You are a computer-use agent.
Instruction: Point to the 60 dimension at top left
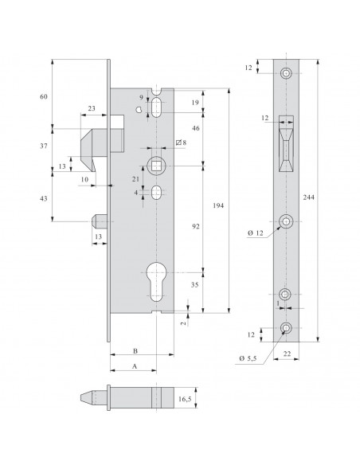coord(43,96)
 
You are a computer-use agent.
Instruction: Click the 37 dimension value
coord(43,146)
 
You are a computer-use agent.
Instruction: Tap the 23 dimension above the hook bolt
coord(92,108)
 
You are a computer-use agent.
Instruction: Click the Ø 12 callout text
coord(255,232)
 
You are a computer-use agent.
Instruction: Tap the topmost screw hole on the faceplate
coord(287,75)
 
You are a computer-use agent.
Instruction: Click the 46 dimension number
coord(194,127)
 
